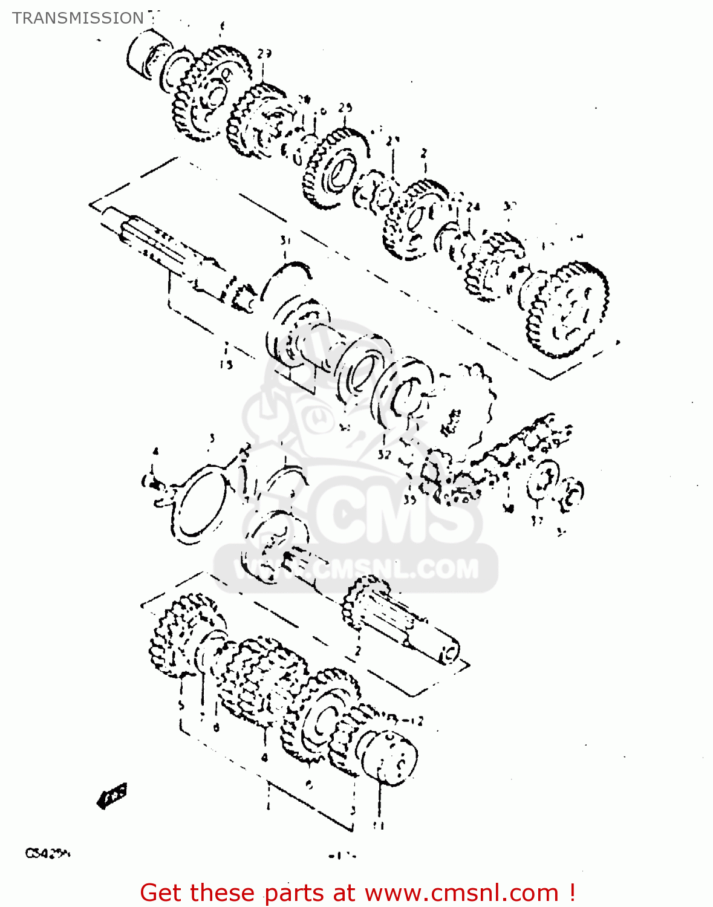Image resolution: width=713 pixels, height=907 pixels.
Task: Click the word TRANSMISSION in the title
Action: (x=78, y=18)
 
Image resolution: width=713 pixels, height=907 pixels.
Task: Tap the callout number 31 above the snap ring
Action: (x=285, y=241)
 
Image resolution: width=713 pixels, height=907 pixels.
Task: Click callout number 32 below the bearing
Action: (x=385, y=454)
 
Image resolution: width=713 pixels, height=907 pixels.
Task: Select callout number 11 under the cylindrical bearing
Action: (x=379, y=825)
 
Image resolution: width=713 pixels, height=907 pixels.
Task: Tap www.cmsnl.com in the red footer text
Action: (x=462, y=893)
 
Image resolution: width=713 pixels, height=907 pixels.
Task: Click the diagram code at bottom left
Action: (x=48, y=854)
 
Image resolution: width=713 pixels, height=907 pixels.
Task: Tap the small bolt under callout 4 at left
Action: (x=152, y=483)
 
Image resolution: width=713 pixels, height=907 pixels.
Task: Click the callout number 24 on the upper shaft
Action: (x=473, y=207)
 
